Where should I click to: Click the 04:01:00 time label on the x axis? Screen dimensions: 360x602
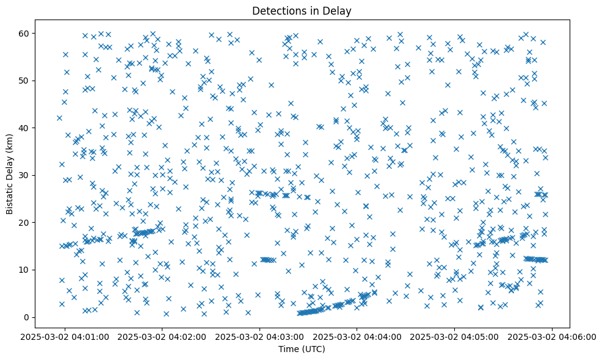65,336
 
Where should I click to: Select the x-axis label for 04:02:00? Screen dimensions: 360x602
162,336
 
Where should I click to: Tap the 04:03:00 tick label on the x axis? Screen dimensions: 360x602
260,336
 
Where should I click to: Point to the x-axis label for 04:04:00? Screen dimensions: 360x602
357,336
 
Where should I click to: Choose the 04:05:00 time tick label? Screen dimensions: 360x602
455,336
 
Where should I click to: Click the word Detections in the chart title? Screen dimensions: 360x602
276,10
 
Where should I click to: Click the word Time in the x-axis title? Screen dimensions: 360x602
286,349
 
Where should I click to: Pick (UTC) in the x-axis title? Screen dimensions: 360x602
311,349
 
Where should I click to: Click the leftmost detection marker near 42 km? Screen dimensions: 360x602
59,118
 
